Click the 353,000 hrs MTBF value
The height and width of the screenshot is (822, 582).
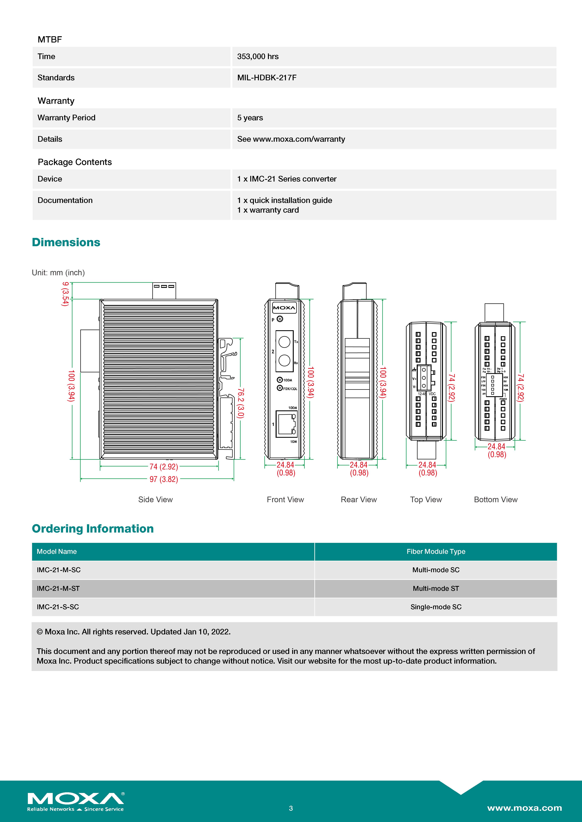258,57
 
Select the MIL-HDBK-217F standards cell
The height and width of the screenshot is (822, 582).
267,78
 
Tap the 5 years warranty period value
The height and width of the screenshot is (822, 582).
250,118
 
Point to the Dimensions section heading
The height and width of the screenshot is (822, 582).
66,242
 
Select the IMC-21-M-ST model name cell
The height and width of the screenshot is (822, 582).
58,589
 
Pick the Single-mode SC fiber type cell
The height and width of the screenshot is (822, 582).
436,607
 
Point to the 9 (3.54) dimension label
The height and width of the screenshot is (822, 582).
65,294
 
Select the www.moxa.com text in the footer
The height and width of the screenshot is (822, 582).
524,808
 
